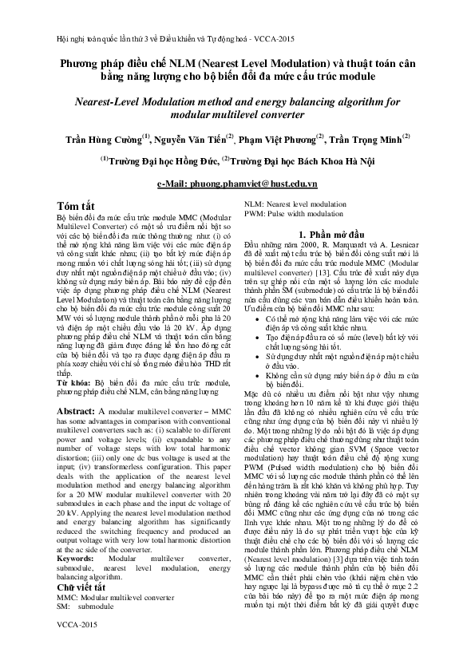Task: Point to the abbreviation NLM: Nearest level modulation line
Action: coord(295,205)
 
